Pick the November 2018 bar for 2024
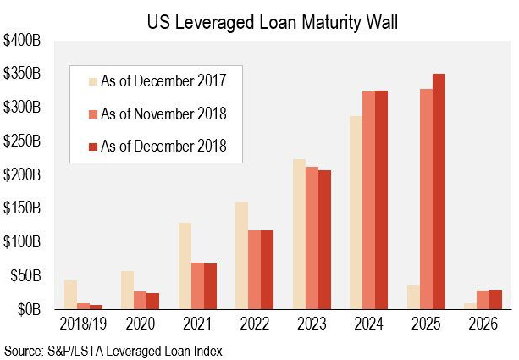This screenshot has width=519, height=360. point(369,200)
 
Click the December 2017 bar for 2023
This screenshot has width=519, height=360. point(299,234)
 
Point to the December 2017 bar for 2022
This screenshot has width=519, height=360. point(241,256)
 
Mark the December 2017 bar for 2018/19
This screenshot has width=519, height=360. point(70,295)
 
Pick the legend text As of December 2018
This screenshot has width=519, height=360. point(163,147)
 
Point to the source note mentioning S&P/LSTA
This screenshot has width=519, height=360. point(114,349)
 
